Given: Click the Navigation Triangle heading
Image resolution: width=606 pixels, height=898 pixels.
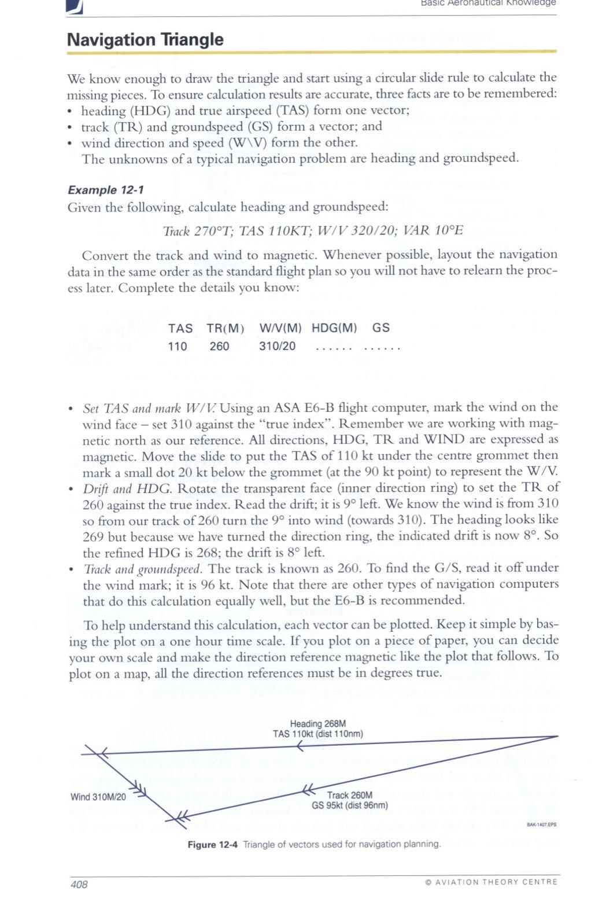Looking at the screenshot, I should pyautogui.click(x=145, y=39).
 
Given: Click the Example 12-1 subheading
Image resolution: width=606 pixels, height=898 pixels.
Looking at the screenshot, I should pyautogui.click(x=106, y=190).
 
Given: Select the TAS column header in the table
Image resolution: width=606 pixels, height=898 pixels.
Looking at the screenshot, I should pyautogui.click(x=180, y=328).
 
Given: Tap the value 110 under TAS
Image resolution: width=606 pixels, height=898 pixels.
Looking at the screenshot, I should pyautogui.click(x=178, y=346).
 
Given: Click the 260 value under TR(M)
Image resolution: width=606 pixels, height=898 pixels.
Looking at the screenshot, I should pyautogui.click(x=219, y=346).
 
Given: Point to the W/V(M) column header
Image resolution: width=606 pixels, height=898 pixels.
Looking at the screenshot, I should pyautogui.click(x=281, y=328).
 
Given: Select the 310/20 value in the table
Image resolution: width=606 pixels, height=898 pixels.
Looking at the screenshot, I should pyautogui.click(x=278, y=346).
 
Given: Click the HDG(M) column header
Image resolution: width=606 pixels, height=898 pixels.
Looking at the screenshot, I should pyautogui.click(x=334, y=328).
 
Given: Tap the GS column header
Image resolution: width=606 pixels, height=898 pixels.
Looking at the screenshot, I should pyautogui.click(x=381, y=328).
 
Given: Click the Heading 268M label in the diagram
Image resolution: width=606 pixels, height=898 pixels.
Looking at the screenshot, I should pyautogui.click(x=317, y=723).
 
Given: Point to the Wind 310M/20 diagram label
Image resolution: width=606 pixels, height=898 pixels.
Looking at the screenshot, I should pyautogui.click(x=98, y=797).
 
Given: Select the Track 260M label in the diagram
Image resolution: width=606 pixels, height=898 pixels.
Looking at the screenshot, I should pyautogui.click(x=349, y=795).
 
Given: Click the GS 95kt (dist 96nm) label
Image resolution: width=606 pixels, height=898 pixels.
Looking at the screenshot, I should pyautogui.click(x=349, y=804).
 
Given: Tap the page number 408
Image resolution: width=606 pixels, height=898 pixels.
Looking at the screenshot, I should pyautogui.click(x=79, y=884).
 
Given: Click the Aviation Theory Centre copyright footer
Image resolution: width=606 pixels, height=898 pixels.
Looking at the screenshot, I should pyautogui.click(x=491, y=882).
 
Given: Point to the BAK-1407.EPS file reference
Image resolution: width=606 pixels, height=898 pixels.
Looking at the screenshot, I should pyautogui.click(x=541, y=826).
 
